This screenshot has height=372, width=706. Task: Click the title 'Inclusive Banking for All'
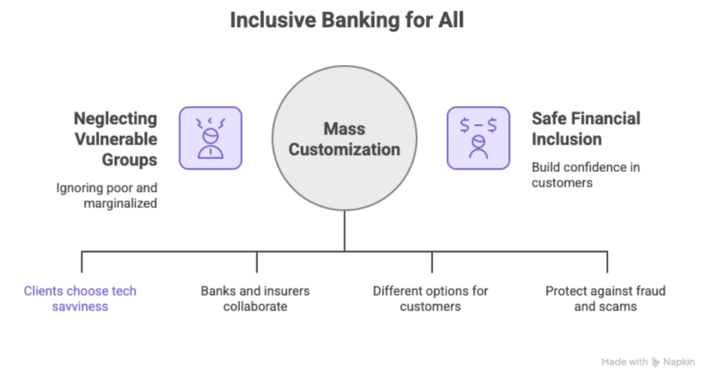coord(347,20)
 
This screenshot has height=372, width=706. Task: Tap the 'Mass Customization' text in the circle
coord(344,139)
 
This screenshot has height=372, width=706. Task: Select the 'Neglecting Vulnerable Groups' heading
coord(115,139)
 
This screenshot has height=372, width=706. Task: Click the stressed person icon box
coord(210,138)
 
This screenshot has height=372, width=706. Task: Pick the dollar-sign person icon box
coord(478,138)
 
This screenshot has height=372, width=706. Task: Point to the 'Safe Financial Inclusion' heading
coord(585,128)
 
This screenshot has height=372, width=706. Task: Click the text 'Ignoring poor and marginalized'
coord(107,195)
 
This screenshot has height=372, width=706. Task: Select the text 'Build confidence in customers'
coord(580,175)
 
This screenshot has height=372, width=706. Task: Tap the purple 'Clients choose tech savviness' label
coord(80,298)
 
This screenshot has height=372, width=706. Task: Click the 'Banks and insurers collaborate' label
coord(255,298)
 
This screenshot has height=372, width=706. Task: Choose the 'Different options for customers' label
coord(430,298)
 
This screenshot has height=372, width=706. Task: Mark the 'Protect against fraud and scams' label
coord(605,298)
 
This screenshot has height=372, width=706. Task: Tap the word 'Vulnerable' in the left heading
coord(115,139)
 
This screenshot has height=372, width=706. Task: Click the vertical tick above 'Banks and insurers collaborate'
coord(257,262)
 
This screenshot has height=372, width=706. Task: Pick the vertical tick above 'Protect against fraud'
coord(607,262)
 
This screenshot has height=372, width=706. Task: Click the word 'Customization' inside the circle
coord(344,149)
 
